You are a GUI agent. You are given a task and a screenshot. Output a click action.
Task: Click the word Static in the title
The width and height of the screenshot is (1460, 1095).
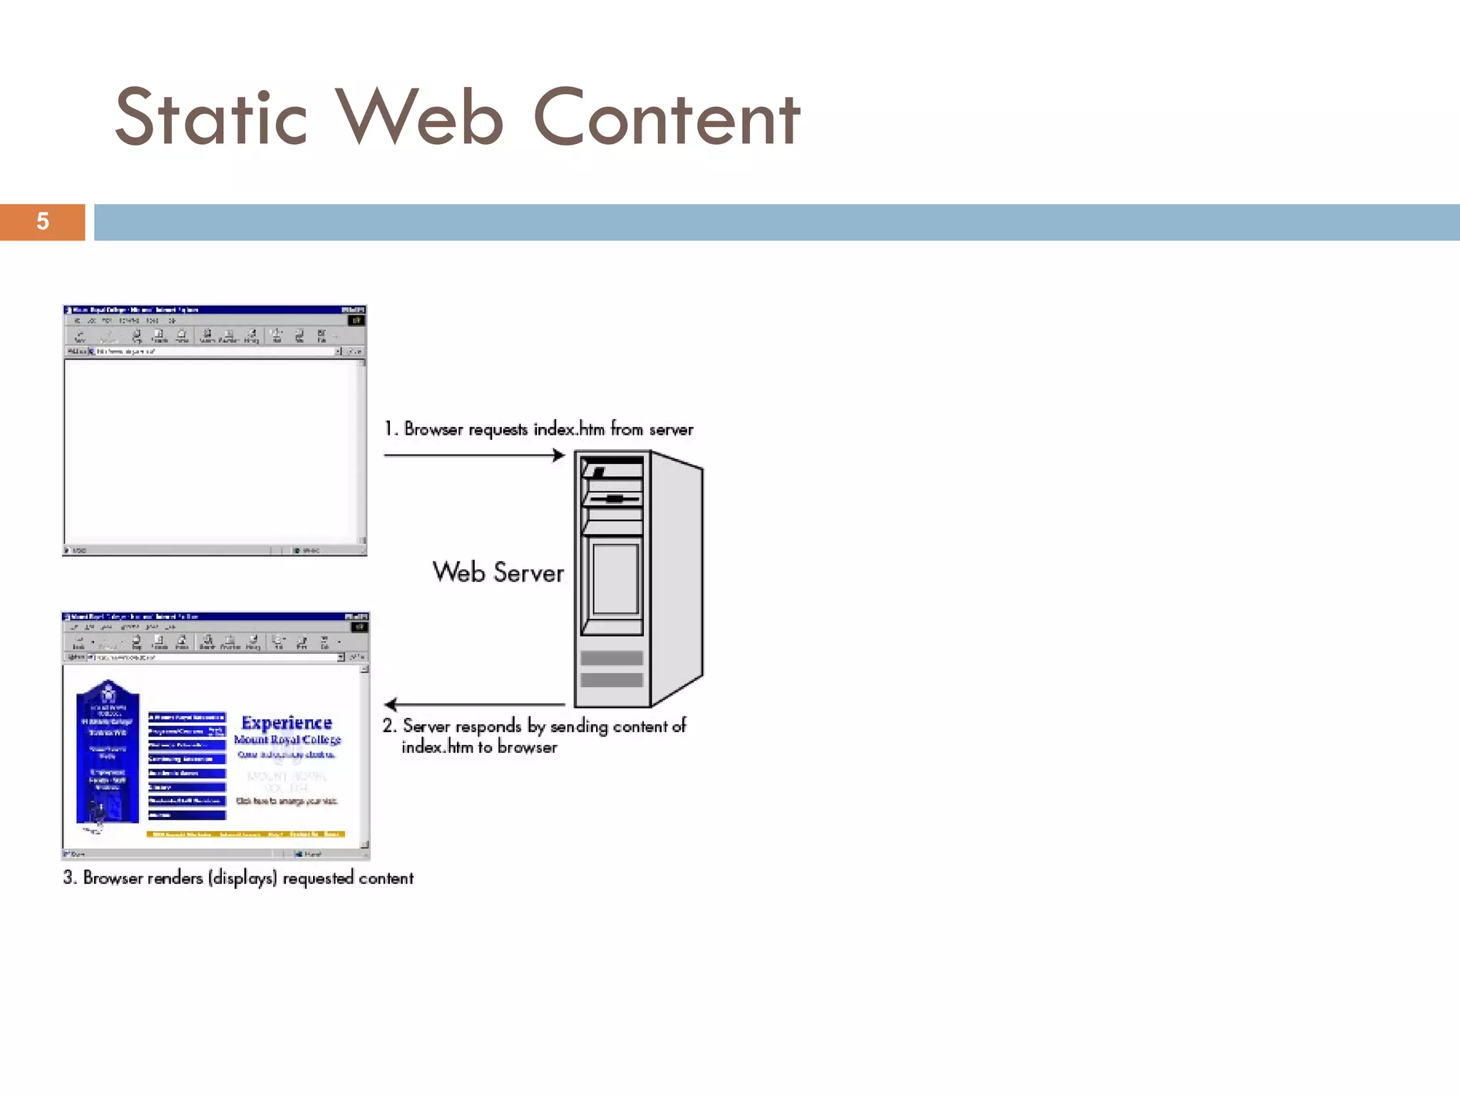(x=211, y=118)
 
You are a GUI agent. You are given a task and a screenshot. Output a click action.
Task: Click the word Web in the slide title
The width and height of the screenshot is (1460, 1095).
(x=420, y=118)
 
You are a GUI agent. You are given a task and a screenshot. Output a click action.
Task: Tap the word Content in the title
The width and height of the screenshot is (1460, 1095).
(x=667, y=118)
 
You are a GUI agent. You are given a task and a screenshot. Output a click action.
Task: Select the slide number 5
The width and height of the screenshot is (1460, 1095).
(x=43, y=222)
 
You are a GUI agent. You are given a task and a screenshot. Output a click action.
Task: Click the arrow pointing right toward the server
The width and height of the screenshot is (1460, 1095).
(x=474, y=455)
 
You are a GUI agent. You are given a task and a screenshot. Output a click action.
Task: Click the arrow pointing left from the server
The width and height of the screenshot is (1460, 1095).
(x=474, y=704)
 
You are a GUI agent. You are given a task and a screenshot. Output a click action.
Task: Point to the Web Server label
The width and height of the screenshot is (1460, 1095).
(x=498, y=572)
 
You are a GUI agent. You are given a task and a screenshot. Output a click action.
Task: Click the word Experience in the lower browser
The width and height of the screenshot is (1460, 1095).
(x=287, y=723)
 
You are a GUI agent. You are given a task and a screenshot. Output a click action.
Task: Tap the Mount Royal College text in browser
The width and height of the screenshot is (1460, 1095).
(x=287, y=740)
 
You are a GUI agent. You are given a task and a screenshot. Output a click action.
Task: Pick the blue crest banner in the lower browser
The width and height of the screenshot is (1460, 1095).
(x=108, y=752)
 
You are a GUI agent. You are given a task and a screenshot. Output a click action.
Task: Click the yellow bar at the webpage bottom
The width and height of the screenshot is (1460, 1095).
(x=246, y=834)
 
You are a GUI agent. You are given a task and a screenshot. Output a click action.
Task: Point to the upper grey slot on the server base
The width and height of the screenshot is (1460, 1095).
(x=612, y=658)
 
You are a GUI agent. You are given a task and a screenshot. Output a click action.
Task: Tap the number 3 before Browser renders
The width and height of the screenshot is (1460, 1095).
(x=68, y=878)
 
